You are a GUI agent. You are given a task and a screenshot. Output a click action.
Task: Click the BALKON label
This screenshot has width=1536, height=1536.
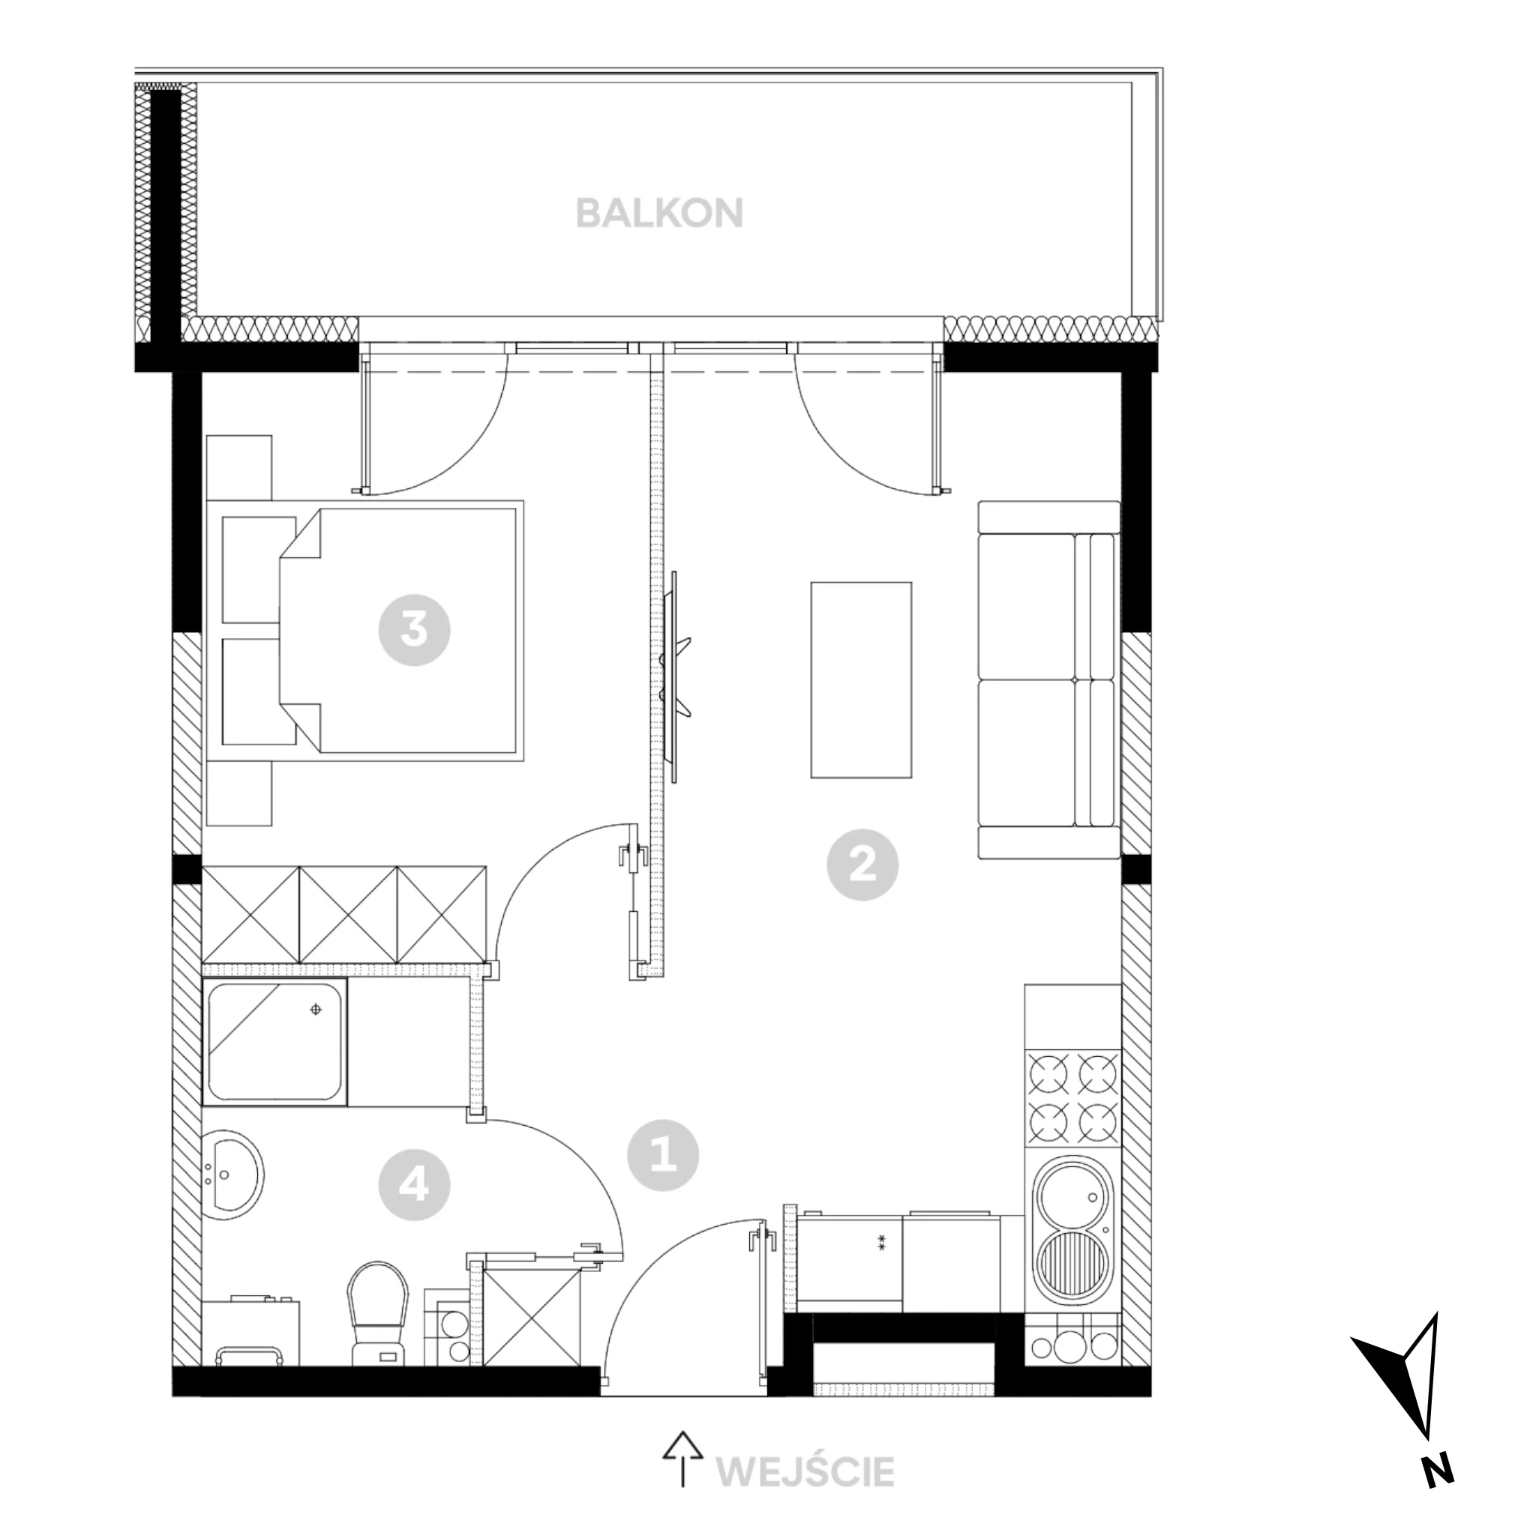(659, 213)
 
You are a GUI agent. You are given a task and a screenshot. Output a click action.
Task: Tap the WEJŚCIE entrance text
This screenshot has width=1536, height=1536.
(805, 1471)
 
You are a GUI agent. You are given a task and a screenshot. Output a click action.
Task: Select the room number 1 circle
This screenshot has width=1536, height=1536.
(663, 1155)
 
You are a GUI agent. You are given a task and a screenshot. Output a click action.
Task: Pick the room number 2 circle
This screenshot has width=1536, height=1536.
(862, 864)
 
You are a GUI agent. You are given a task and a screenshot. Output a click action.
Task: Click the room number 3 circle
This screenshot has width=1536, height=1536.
(414, 631)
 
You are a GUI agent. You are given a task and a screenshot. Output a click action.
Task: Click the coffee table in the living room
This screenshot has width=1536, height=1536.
(861, 679)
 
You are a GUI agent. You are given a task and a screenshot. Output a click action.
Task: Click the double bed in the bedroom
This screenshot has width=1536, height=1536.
(401, 631)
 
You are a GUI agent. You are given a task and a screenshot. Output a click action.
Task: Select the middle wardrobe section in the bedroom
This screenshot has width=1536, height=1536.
(348, 914)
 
